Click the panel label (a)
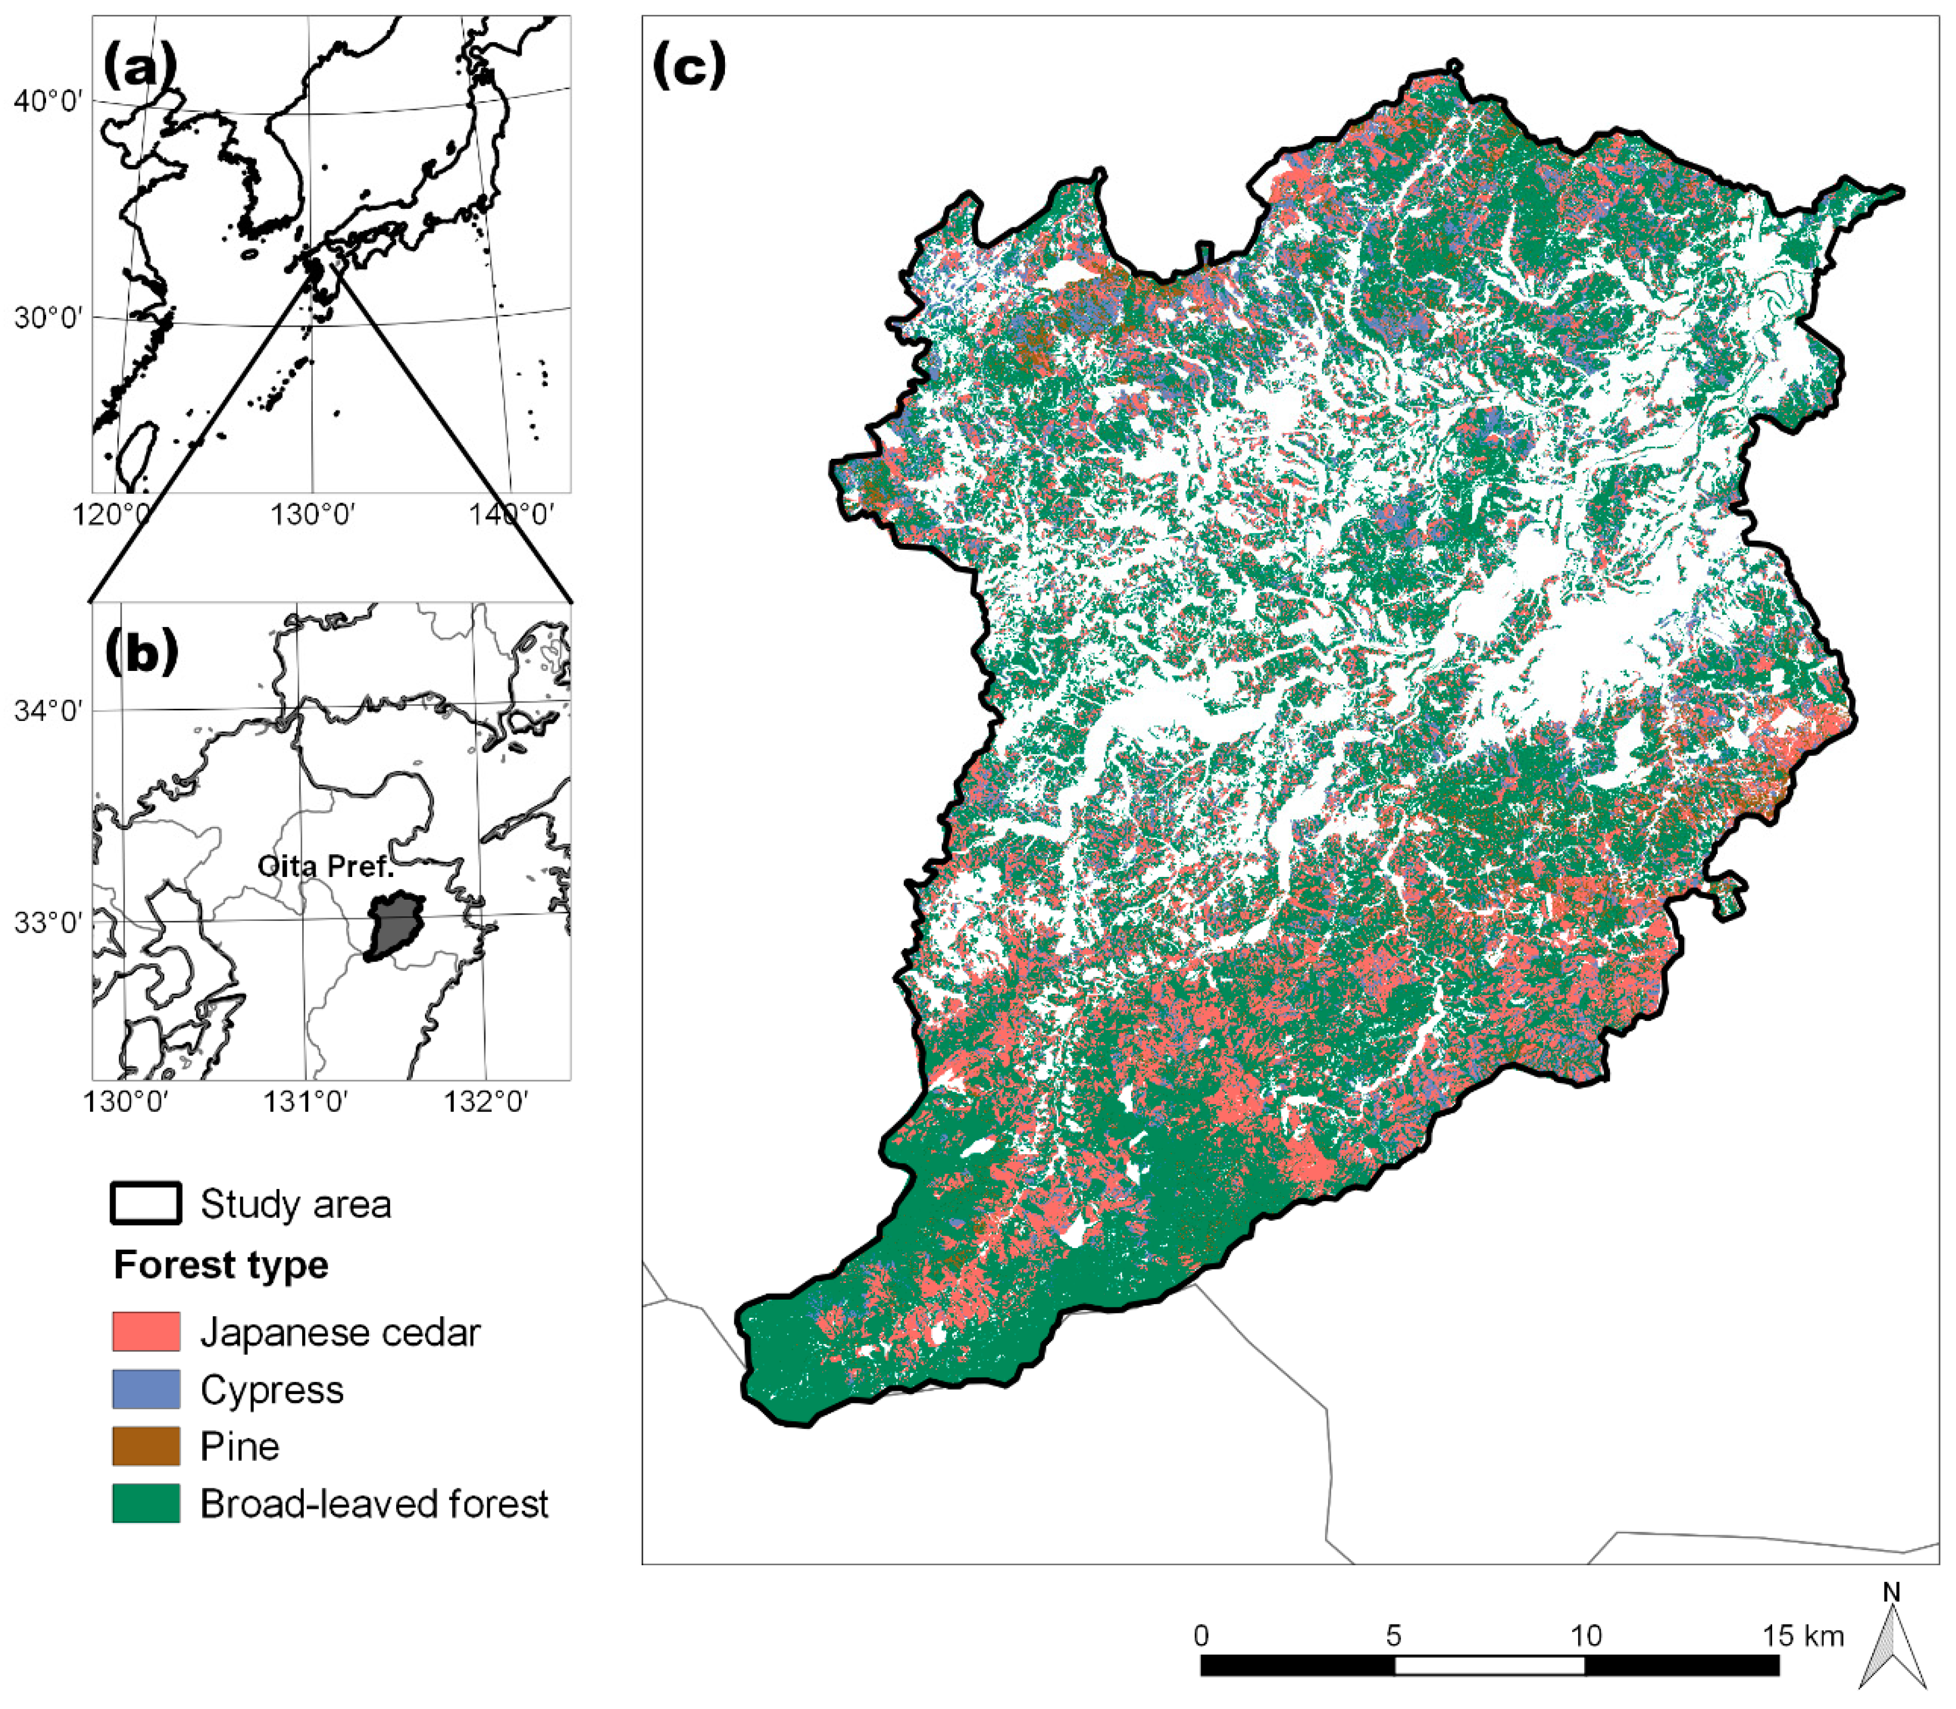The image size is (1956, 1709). click(139, 69)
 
